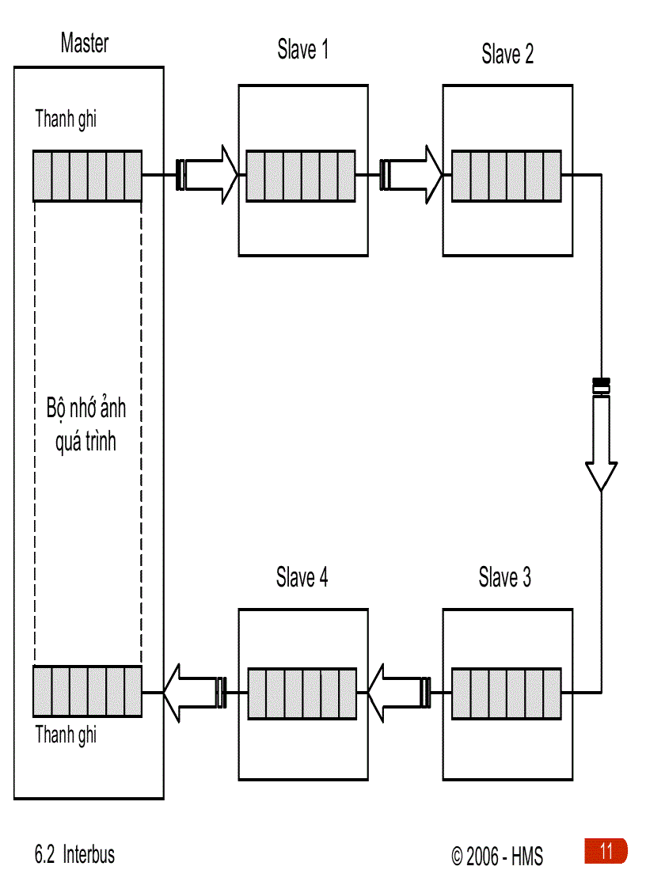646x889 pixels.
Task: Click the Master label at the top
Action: tap(84, 44)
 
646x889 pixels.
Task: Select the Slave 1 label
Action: tap(302, 50)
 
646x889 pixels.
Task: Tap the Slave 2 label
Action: tap(507, 54)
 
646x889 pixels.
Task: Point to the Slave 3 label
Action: tap(504, 578)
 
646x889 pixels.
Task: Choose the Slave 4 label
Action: tap(302, 578)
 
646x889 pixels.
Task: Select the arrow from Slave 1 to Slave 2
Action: tap(412, 174)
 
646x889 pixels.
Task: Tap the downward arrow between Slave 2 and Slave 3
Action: tap(601, 435)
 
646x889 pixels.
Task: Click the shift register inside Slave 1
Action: tap(302, 175)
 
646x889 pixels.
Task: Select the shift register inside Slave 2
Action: tap(507, 175)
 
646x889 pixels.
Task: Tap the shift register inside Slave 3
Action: tap(507, 693)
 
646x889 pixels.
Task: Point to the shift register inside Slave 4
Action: tap(302, 693)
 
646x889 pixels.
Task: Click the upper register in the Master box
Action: tap(87, 175)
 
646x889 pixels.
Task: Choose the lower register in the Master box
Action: tap(87, 691)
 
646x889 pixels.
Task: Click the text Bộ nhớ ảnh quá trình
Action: tap(85, 426)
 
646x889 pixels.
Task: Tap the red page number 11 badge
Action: tap(606, 852)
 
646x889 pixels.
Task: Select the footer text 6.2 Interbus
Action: tap(74, 855)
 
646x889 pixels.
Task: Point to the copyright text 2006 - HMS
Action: tap(497, 857)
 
